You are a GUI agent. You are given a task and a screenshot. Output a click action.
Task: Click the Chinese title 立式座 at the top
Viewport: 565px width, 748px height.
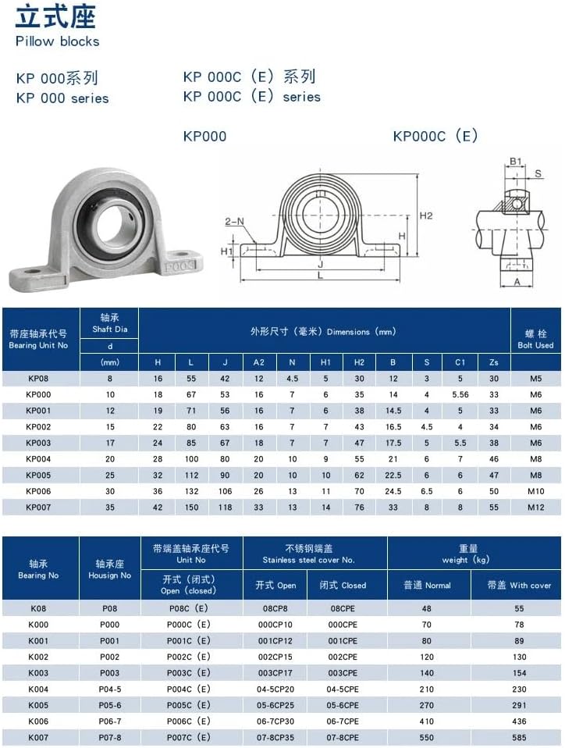[x=55, y=17]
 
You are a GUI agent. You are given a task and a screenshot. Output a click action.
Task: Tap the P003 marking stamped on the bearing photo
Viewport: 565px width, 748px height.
[x=180, y=266]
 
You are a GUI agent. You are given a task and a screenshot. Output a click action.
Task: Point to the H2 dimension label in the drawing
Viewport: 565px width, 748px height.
[x=426, y=216]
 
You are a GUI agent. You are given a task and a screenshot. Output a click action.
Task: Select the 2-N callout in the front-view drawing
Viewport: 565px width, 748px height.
[x=235, y=221]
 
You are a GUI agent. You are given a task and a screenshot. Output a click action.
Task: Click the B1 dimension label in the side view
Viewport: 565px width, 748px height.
[x=516, y=162]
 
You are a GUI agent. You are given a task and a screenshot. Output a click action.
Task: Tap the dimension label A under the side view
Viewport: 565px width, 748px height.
[x=517, y=283]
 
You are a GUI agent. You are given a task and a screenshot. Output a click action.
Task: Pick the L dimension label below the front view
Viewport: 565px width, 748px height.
[x=321, y=276]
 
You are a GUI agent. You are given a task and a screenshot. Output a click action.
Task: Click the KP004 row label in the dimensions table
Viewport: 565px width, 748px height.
[x=38, y=459]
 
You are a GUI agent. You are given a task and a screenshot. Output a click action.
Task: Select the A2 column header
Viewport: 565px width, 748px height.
[x=258, y=362]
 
